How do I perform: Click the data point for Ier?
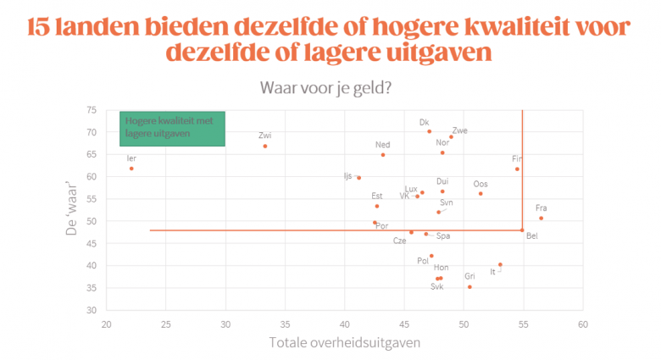tap(131, 169)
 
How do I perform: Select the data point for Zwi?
tap(265, 146)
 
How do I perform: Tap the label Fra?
tap(541, 208)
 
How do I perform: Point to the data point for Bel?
tap(522, 230)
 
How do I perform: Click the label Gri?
tap(469, 276)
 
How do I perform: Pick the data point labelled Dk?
tap(430, 131)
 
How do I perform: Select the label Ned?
tap(383, 145)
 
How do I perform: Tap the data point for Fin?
tap(517, 169)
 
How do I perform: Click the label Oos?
tap(480, 184)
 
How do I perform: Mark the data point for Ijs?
tap(359, 178)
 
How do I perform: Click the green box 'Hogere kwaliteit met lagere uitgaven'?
tap(172, 129)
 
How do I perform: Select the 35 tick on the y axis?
tap(91, 288)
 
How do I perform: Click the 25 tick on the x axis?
tap(166, 324)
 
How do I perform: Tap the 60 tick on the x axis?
tap(583, 324)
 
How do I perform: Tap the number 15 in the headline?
tap(39, 27)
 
